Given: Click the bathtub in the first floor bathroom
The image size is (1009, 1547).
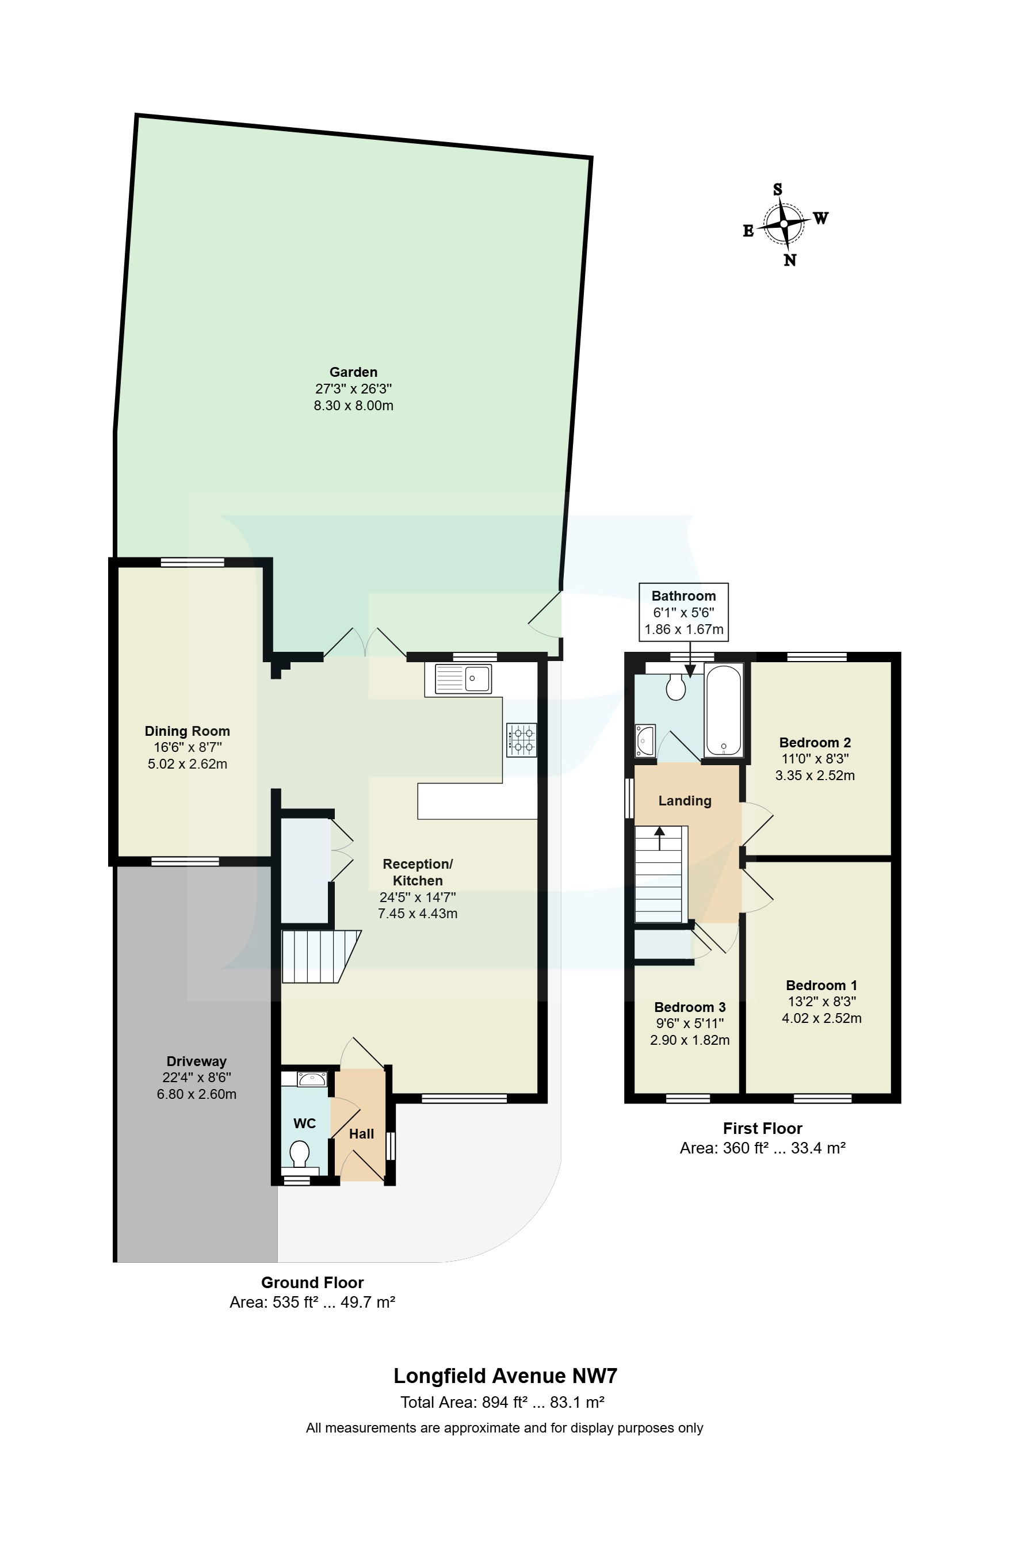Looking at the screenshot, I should (723, 710).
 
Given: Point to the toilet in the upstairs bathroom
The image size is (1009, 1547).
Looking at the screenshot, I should (675, 686).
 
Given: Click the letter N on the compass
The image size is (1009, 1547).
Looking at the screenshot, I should (789, 261).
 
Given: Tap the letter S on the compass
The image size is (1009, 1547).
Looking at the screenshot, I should (777, 190).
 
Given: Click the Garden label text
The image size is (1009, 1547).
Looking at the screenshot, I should (353, 372).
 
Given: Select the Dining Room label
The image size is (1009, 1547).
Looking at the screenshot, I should (187, 731).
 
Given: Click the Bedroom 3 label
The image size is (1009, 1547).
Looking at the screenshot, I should (689, 1007).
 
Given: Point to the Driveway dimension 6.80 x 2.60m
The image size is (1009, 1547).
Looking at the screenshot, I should (196, 1094).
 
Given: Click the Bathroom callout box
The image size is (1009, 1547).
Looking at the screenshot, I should (683, 612).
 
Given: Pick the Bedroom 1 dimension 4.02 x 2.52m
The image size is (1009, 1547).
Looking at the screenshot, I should (821, 1018).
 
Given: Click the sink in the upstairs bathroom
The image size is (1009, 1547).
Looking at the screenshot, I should (645, 740).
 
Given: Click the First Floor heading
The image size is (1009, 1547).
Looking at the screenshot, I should (762, 1128).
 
